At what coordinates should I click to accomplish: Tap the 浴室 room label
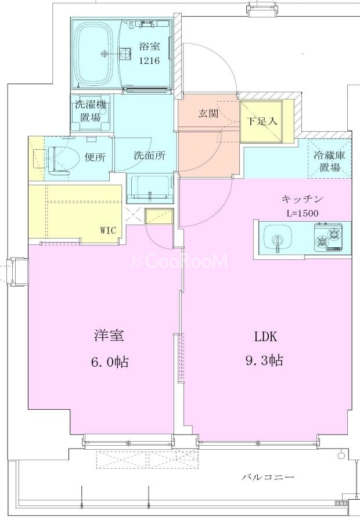[x=149, y=46]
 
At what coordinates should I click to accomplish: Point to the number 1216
[x=149, y=61]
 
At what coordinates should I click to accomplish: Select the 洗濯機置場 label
[x=90, y=111]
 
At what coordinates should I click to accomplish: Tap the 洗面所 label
[x=150, y=156]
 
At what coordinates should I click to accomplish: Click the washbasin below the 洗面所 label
[x=150, y=189]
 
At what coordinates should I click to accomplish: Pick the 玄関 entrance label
[x=208, y=113]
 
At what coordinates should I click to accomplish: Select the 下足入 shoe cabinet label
[x=262, y=121]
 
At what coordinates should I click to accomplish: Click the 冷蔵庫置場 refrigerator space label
[x=329, y=161]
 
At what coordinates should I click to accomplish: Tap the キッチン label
[x=303, y=199]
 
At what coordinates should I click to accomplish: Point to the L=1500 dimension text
[x=303, y=213]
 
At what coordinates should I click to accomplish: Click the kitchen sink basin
[x=278, y=237]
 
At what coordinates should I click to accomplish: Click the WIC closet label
[x=109, y=230]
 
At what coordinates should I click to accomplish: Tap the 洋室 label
[x=109, y=336]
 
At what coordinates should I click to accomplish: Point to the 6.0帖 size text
[x=110, y=362]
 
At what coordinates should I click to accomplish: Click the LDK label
[x=265, y=337]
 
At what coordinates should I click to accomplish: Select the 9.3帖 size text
[x=264, y=360]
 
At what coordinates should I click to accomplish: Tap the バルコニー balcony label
[x=268, y=477]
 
